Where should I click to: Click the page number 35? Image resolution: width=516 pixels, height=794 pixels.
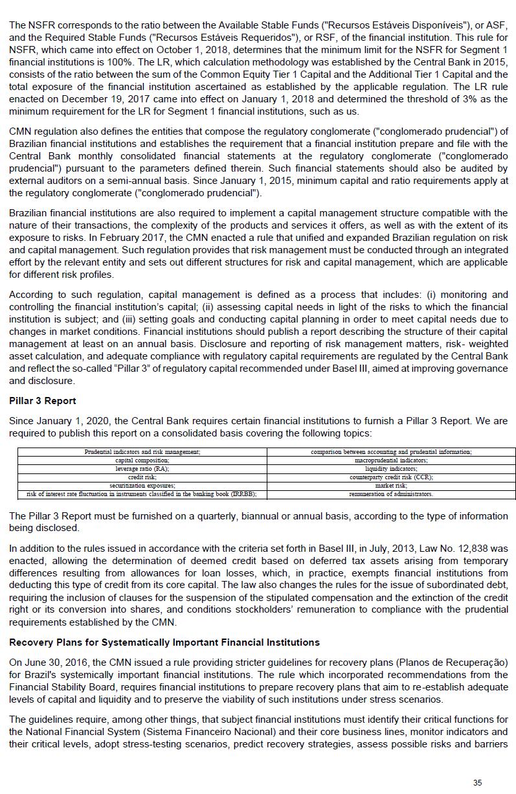coord(477,782)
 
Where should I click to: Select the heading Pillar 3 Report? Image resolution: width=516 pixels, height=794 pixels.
coord(42,401)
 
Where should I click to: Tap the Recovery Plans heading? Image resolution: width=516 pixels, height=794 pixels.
coord(164,642)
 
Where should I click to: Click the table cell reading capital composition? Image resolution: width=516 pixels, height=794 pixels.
coord(142,460)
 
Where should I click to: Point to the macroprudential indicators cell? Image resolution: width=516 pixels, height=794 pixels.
coord(391,460)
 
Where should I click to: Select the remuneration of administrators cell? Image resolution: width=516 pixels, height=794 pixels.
coord(391,494)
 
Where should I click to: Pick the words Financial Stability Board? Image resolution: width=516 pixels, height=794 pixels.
coord(65,687)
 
